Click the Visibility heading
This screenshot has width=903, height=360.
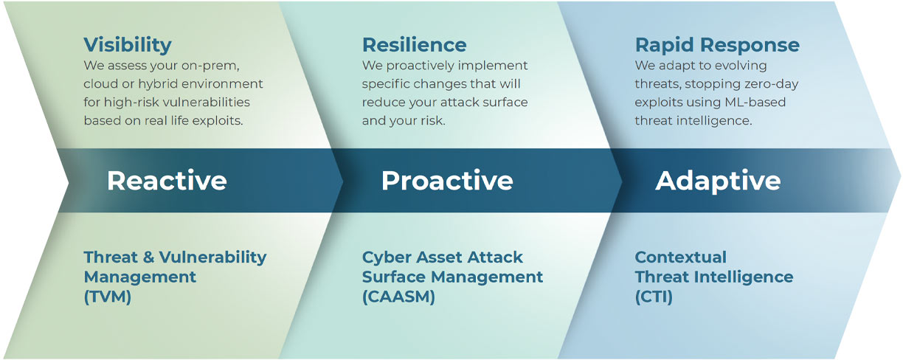click(x=128, y=45)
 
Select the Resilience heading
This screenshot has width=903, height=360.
click(x=414, y=45)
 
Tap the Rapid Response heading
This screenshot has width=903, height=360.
click(x=717, y=46)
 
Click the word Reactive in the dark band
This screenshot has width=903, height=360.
click(x=167, y=180)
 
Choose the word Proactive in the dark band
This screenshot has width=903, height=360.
click(x=447, y=180)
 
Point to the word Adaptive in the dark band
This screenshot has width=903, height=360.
click(x=718, y=181)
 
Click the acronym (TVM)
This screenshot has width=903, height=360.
click(x=108, y=297)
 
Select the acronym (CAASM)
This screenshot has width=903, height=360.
click(x=398, y=297)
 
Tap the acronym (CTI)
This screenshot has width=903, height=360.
click(x=654, y=297)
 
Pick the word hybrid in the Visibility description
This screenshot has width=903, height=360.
click(x=159, y=84)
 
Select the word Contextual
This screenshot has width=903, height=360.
click(x=681, y=257)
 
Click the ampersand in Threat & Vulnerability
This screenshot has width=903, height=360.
click(x=148, y=257)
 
